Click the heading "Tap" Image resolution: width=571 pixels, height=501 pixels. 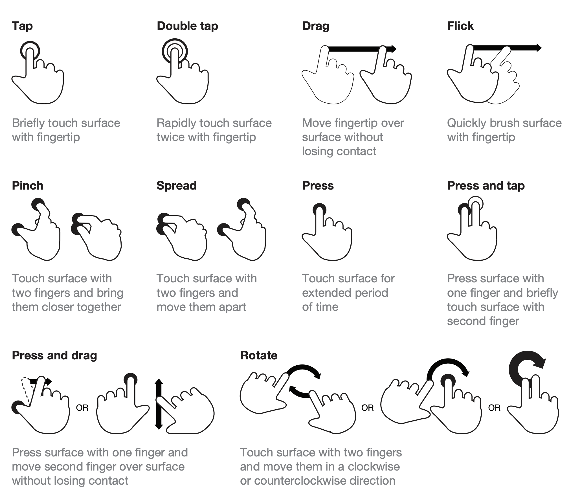[x=22, y=26]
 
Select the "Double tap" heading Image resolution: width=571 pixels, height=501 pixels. [x=187, y=26]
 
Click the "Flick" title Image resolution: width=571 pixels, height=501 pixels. [x=460, y=26]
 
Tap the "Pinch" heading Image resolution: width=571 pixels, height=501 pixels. [x=28, y=186]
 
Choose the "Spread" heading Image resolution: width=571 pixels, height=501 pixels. [x=177, y=186]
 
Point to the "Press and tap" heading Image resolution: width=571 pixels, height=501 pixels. [x=486, y=186]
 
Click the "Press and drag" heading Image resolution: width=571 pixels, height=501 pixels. [x=54, y=355]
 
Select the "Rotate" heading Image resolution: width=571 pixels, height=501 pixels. [x=259, y=355]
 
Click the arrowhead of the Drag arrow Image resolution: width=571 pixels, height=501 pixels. [x=393, y=49]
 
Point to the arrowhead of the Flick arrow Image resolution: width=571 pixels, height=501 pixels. [x=539, y=48]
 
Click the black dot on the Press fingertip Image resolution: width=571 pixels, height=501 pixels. [x=320, y=209]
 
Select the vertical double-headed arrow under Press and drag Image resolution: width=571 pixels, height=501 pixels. [x=159, y=404]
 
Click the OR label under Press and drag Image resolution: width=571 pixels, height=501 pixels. [x=82, y=408]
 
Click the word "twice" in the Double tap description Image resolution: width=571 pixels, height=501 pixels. [x=170, y=137]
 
